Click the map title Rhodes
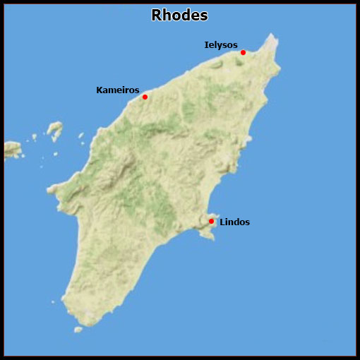[x=179, y=15]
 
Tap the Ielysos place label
[x=220, y=44]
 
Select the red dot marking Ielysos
[x=243, y=52]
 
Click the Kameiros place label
[x=117, y=90]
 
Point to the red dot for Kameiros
[x=145, y=97]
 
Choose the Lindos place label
[x=234, y=222]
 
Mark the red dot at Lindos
[x=211, y=222]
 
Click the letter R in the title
[x=157, y=15]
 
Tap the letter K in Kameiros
[x=100, y=90]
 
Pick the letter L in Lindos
[x=222, y=222]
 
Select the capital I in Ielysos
[x=206, y=44]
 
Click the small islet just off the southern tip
[x=79, y=330]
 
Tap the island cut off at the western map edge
[x=11, y=149]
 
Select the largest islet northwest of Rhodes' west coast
[x=54, y=130]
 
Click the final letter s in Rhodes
[x=203, y=16]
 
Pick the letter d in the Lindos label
[x=236, y=222]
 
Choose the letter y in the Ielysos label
[x=218, y=46]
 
